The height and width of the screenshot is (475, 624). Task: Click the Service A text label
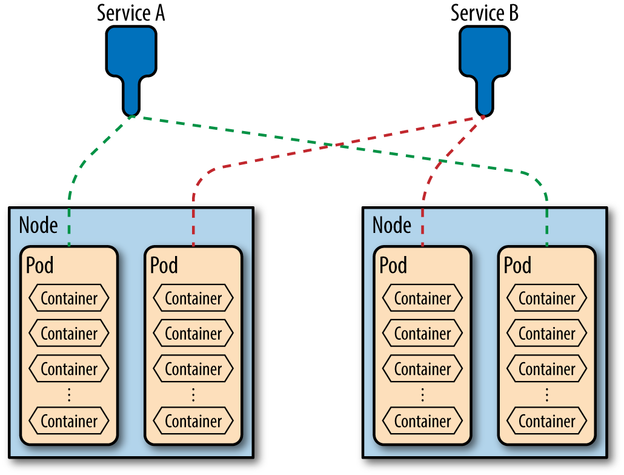click(131, 13)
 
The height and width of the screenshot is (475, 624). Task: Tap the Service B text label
click(484, 13)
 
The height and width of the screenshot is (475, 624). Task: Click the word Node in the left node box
click(39, 225)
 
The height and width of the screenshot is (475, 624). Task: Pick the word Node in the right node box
click(392, 225)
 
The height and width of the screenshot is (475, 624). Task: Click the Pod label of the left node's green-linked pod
click(39, 265)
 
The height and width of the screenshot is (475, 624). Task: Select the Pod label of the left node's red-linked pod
click(164, 265)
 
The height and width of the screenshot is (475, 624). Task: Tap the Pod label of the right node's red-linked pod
click(393, 265)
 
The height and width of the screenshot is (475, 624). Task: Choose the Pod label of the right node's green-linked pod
click(518, 265)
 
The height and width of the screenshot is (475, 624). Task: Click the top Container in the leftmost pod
click(69, 298)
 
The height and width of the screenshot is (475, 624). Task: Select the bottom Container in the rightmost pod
click(546, 420)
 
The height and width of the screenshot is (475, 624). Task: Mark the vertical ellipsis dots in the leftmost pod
click(69, 394)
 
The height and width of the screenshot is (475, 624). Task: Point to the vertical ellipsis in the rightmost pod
click(546, 394)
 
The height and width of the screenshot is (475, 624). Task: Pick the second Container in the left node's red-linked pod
click(193, 334)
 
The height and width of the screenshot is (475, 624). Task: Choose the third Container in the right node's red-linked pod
click(422, 369)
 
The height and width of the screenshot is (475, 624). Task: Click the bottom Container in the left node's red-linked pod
click(193, 420)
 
